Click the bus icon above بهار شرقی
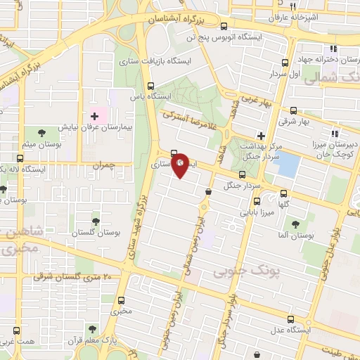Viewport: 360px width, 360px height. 293,110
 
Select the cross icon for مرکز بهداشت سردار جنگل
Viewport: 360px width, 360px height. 261,135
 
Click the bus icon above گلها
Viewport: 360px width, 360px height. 284,193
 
